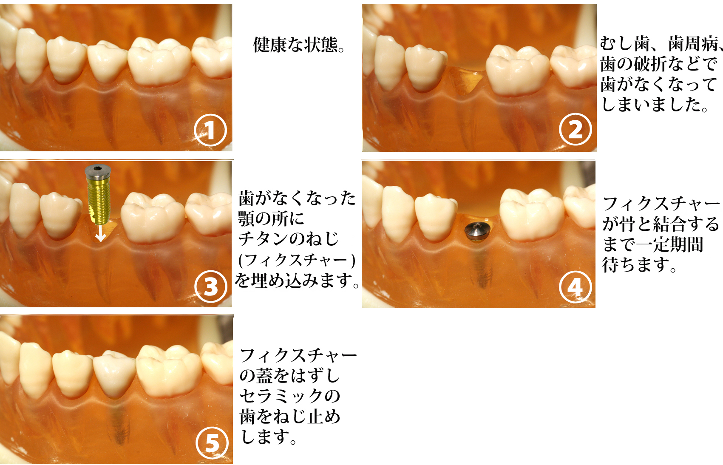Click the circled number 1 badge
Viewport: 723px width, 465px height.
pos(210,130)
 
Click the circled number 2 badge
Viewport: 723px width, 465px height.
pos(575,129)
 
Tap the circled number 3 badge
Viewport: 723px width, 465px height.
pos(210,286)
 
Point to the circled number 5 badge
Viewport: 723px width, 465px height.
pos(212,442)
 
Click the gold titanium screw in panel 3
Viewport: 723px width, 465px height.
pos(99,200)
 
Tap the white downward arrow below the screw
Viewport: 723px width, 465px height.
pos(100,232)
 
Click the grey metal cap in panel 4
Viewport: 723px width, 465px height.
pos(477,231)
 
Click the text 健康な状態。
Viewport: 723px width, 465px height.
pos(299,45)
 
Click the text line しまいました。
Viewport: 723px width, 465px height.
pos(655,105)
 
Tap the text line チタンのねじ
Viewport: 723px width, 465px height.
pos(289,239)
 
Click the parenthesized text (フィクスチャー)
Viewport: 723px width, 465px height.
pos(297,260)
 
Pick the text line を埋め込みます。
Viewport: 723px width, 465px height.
pos(297,281)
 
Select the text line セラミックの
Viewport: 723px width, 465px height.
pos(290,396)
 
